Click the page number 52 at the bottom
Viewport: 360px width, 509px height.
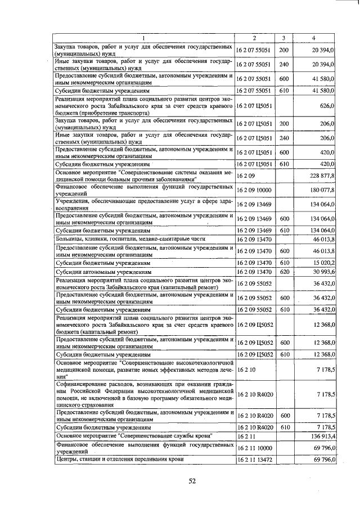pyautogui.click(x=192, y=480)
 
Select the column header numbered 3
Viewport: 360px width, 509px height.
pyautogui.click(x=284, y=38)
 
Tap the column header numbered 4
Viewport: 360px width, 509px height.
pyautogui.click(x=314, y=38)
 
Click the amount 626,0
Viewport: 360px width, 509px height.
pyautogui.click(x=326, y=105)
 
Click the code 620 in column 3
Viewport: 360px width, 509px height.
pyautogui.click(x=284, y=272)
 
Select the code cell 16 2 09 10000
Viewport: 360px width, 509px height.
pyautogui.click(x=254, y=190)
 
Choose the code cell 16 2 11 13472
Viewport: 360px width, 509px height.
pyautogui.click(x=254, y=460)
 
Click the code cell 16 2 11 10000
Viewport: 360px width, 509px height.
pyautogui.click(x=254, y=448)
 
